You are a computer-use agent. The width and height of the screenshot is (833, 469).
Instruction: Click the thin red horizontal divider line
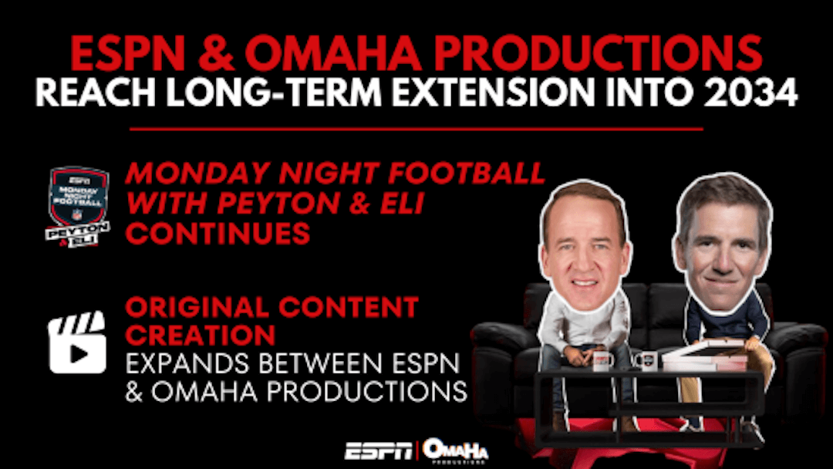click(416, 129)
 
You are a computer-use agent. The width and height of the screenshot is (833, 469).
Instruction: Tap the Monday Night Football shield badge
click(78, 207)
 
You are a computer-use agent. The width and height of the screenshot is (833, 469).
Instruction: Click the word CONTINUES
click(218, 233)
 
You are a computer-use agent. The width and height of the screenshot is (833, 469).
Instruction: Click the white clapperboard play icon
click(77, 342)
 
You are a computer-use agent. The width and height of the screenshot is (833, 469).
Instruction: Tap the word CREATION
click(201, 335)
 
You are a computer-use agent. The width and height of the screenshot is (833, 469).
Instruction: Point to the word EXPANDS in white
click(187, 363)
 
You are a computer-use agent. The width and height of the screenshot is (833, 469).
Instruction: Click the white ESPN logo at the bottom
click(378, 451)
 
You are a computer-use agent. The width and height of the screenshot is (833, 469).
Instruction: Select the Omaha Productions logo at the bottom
click(455, 451)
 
